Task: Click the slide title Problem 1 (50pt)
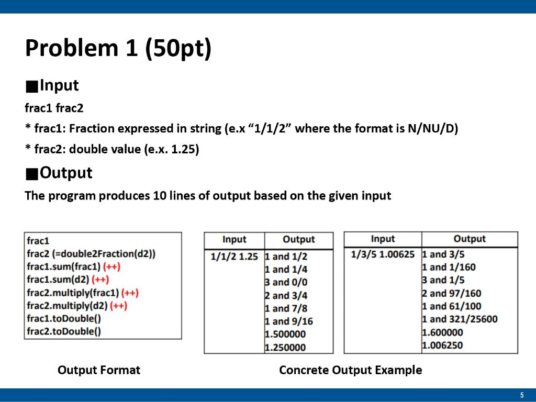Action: click(118, 48)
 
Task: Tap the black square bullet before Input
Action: click(32, 86)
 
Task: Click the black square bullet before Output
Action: click(32, 174)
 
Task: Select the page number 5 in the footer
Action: click(522, 395)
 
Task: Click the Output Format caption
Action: click(99, 370)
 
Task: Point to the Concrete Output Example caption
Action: click(350, 370)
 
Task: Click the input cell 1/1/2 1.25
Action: click(234, 256)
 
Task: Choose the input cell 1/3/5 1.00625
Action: click(383, 254)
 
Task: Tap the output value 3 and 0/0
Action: click(286, 282)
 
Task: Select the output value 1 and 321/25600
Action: click(460, 319)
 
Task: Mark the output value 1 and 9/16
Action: click(289, 321)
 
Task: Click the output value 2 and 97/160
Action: click(452, 293)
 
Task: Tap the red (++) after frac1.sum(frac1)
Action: click(112, 266)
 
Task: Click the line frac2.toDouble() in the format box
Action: click(64, 331)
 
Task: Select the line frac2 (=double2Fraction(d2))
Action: click(91, 254)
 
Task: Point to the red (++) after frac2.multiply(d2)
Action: click(119, 306)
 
